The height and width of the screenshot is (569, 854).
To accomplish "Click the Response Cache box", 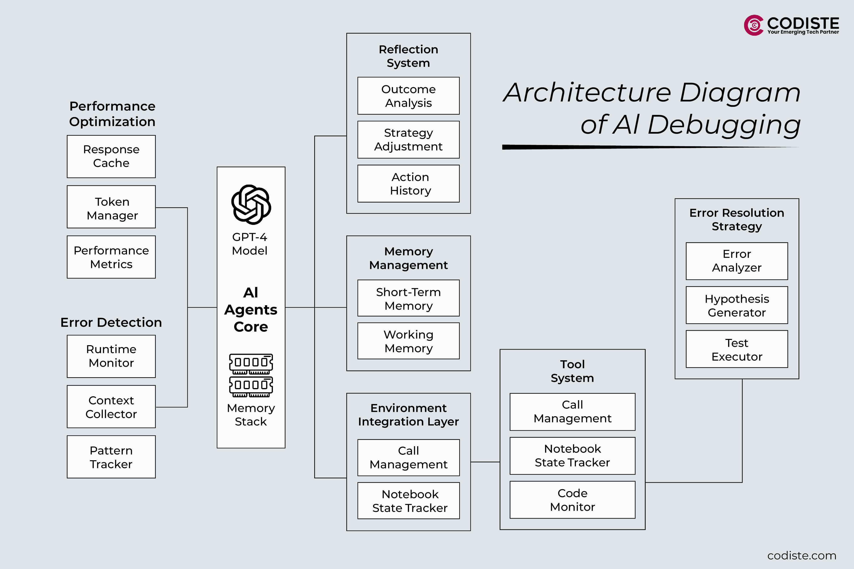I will (x=111, y=156).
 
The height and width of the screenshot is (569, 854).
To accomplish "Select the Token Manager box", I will (x=111, y=207).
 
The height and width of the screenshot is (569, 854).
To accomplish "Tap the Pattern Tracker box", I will (x=111, y=457).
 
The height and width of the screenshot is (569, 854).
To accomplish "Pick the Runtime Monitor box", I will (x=111, y=356).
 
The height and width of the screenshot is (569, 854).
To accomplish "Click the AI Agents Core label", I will (x=251, y=310).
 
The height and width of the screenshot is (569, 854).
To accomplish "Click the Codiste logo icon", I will (x=753, y=25).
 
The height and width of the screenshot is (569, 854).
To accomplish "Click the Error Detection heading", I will (x=111, y=322).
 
